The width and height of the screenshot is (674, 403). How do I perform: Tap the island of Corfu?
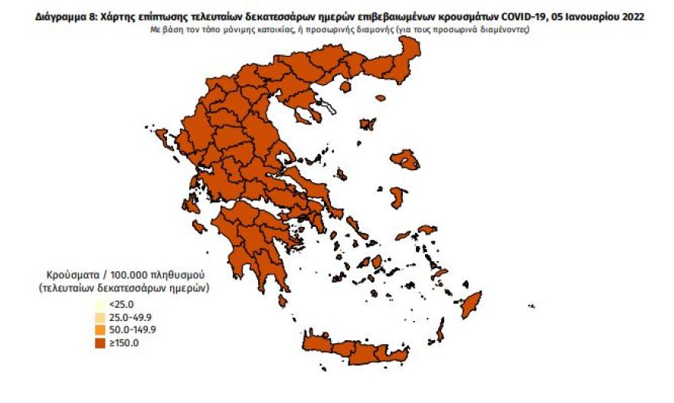click(x=162, y=138)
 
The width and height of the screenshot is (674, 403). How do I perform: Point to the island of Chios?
click(x=396, y=197)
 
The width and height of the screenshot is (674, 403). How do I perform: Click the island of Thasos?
click(x=345, y=87)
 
